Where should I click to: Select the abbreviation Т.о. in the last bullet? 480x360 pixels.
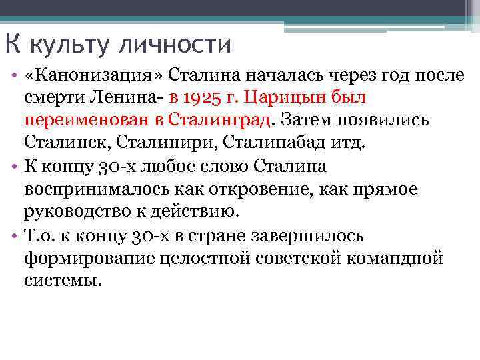41,236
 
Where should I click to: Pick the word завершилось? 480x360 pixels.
311,236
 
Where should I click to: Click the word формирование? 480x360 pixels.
88,259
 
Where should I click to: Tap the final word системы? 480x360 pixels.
63,281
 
